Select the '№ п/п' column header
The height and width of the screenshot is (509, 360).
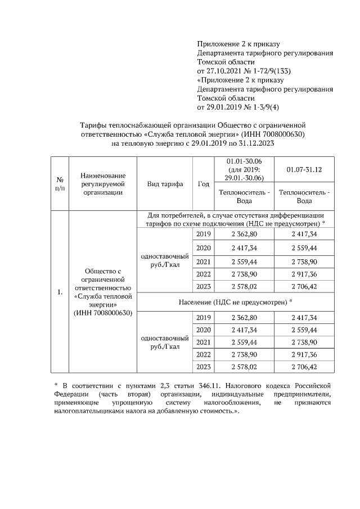coord(60,184)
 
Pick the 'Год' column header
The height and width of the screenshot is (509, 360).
coord(204,184)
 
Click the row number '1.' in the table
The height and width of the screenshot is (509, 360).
coord(60,292)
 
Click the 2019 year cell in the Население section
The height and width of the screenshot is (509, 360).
coord(204,318)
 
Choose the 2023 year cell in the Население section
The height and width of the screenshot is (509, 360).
coord(204,367)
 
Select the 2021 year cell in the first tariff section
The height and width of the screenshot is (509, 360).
coord(204,262)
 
